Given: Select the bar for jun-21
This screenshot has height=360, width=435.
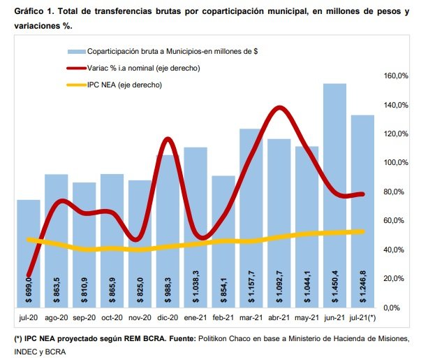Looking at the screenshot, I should click(334, 195).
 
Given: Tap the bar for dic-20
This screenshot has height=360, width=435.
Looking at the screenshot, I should click(166, 231).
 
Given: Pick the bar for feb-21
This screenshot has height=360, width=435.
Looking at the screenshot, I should click(223, 241).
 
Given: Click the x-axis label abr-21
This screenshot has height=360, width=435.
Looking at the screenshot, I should click(279, 318).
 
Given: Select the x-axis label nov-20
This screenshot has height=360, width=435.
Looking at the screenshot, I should click(140, 318).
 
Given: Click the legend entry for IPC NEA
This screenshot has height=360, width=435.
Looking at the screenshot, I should click(124, 85).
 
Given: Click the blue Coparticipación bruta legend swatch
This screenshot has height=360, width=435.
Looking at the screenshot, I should click(75, 52).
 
